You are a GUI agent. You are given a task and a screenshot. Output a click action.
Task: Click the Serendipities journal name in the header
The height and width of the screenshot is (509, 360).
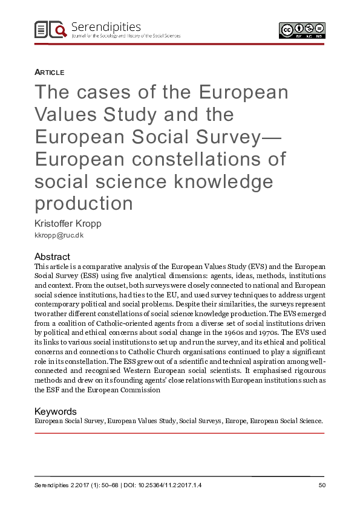tap(106, 27)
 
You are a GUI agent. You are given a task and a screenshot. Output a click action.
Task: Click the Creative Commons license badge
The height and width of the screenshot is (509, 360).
tap(302, 30)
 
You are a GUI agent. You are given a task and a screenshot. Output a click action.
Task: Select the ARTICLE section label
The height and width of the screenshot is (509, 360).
tap(50, 73)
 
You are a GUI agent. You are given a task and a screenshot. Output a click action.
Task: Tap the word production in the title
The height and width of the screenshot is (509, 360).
tap(83, 204)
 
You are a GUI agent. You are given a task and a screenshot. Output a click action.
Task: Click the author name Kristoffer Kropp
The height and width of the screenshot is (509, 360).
tap(68, 224)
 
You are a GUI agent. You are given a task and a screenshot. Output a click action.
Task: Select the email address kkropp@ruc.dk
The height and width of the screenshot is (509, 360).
tap(59, 236)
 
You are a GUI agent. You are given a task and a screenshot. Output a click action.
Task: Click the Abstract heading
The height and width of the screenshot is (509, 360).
tap(52, 256)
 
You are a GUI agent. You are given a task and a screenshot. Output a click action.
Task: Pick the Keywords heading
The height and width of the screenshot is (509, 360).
tap(56, 411)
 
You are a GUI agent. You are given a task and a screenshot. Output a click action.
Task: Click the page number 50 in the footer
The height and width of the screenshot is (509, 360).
tap(321, 485)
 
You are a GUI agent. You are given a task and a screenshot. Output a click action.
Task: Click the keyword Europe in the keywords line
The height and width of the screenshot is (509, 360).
tap(234, 420)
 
